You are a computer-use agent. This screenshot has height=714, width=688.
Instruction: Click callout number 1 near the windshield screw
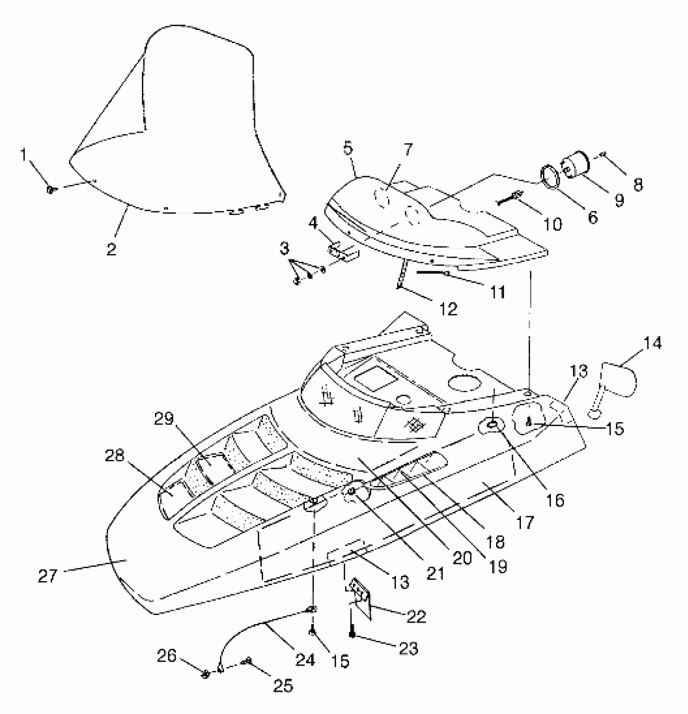[24, 154]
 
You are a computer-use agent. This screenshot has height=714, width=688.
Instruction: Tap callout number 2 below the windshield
[111, 249]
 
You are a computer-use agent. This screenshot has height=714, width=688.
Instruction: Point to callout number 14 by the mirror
[652, 343]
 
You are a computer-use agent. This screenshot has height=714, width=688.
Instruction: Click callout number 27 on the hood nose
[48, 576]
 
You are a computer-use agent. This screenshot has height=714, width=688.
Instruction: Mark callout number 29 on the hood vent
[164, 418]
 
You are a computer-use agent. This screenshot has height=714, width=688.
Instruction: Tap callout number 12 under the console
[448, 309]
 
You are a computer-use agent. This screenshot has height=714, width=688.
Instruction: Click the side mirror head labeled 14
[619, 380]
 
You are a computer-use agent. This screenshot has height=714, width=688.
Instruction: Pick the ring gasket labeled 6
[551, 176]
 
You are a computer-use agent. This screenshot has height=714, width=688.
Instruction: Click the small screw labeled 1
[51, 189]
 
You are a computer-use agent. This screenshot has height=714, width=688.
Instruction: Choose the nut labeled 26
[206, 674]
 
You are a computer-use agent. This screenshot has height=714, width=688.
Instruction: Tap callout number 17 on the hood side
[525, 522]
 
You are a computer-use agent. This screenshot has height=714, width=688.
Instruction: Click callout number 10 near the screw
[552, 223]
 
